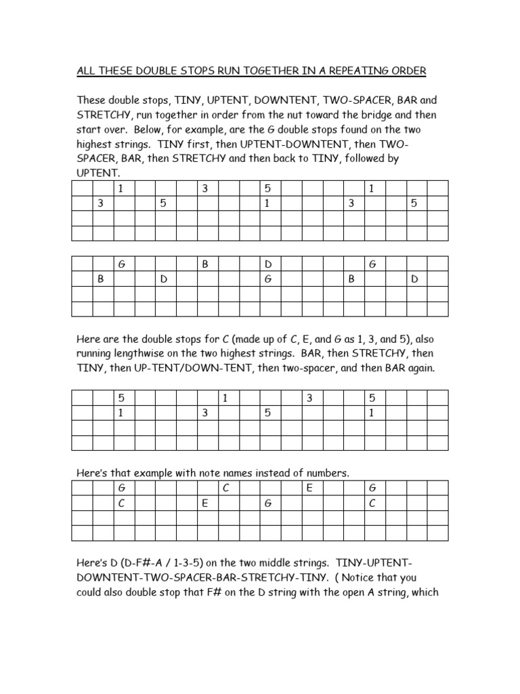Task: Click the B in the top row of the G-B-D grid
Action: point(204,264)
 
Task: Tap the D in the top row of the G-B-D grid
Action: point(267,264)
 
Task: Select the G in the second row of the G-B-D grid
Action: point(267,279)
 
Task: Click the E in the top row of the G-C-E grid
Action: point(309,488)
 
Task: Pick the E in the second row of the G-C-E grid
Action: point(204,503)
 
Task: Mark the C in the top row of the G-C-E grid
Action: point(225,488)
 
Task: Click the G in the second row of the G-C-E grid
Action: point(267,503)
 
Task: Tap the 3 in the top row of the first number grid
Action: point(204,188)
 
